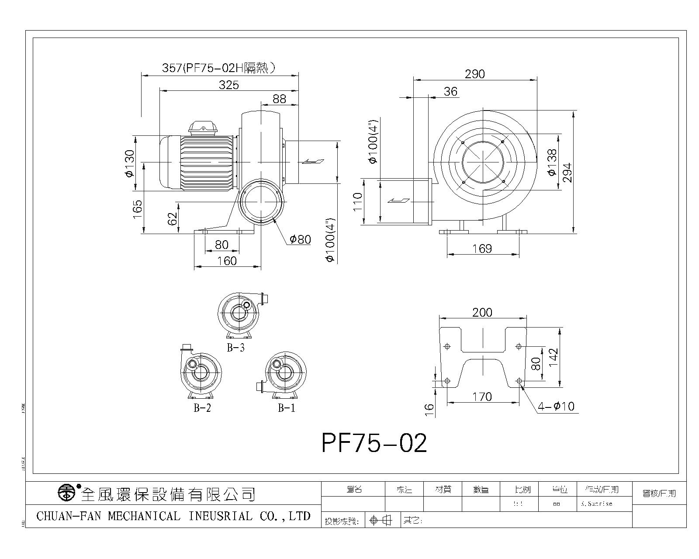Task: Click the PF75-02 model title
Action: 374,443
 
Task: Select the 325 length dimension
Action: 229,85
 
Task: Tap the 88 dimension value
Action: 279,99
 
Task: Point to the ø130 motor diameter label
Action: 130,164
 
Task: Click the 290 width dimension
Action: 474,74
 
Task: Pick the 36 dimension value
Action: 450,91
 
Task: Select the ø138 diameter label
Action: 552,162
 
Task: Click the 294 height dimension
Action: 567,173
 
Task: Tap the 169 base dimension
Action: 482,249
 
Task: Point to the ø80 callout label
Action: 300,239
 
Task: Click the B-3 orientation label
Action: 235,348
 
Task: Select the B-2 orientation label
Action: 202,408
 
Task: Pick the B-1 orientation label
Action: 287,408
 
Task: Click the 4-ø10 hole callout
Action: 556,407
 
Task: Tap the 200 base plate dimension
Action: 482,313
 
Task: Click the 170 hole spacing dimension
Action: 482,397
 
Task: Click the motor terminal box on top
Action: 204,127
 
